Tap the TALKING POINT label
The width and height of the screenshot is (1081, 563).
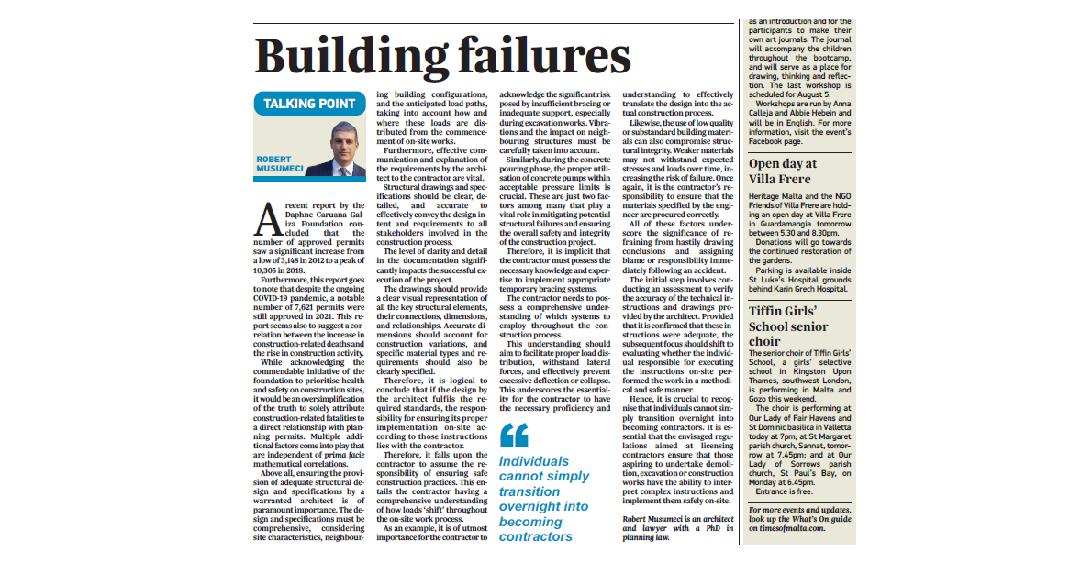pos(309,104)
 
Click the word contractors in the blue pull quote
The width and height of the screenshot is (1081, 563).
pos(537,536)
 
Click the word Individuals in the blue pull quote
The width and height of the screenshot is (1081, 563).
pos(534,461)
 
